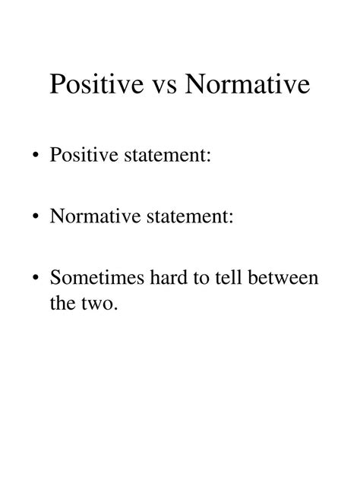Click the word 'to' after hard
tap(203, 278)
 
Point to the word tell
tap(232, 277)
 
